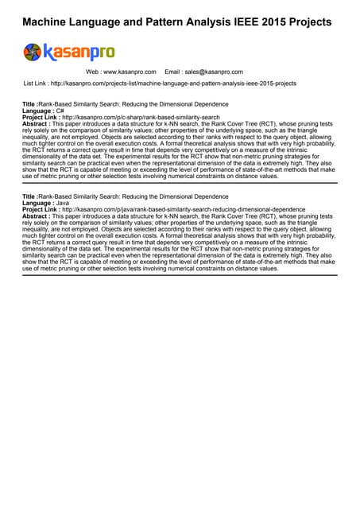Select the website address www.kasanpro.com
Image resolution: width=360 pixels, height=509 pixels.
pos(130,72)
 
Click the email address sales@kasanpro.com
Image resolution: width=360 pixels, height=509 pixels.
pos(214,72)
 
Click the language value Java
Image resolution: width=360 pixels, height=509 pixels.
pos(60,203)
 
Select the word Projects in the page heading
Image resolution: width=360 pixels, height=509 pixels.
pos(304,22)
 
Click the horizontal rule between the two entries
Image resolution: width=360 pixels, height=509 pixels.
pos(180,182)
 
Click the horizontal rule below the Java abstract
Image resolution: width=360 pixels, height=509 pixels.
pos(180,274)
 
